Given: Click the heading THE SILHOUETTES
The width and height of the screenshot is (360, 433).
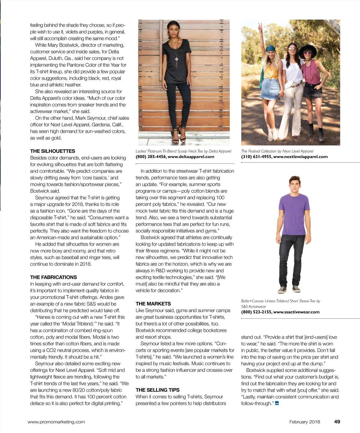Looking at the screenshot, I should click(52, 151).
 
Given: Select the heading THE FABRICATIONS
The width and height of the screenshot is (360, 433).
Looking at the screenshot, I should click(53, 277).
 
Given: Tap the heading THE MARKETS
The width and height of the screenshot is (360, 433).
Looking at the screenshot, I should click(153, 304).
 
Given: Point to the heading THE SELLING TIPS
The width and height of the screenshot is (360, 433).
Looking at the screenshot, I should click(157, 390).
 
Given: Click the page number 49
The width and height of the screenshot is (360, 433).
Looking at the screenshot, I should click(337, 422).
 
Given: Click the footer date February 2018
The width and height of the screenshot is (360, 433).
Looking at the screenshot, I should click(304, 422).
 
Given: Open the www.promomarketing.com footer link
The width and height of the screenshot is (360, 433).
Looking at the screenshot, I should click(56, 422).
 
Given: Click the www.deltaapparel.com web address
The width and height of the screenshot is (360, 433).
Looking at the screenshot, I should click(191, 157).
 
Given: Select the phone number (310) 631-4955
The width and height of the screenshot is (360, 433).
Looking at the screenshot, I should click(256, 157).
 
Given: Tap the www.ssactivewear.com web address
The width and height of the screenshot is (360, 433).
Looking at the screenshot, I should click(296, 312).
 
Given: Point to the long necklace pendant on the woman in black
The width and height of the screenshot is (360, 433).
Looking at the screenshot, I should click(177, 59).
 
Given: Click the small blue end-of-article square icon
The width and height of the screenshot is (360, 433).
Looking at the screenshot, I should click(277, 403).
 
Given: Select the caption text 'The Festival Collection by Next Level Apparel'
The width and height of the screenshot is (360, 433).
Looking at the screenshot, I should click(277, 151).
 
